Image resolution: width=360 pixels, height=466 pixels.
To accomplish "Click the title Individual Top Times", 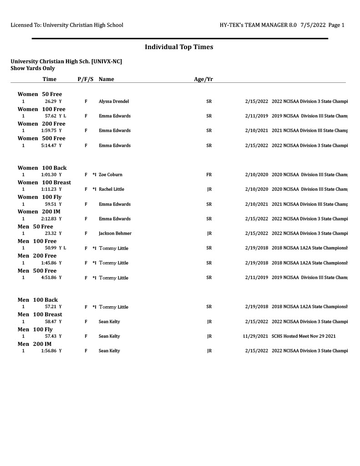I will (x=179, y=47).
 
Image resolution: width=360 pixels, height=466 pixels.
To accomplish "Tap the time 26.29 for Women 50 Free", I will (x=50, y=101).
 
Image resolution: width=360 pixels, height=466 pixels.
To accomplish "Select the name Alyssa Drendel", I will (x=114, y=101).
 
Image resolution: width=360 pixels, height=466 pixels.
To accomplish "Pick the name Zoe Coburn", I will (x=111, y=175).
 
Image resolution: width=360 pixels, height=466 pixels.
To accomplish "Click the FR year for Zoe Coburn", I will (x=209, y=175).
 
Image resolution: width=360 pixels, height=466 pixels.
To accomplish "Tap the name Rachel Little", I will (x=112, y=189).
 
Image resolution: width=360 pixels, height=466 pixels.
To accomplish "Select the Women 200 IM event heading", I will (x=39, y=212).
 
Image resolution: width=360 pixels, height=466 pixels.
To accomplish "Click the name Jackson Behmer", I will (x=115, y=233).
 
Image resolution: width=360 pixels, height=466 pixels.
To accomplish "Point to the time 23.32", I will (x=50, y=233).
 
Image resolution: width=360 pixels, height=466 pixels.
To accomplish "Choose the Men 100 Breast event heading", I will (x=40, y=314).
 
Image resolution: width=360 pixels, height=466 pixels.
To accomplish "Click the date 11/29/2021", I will (x=255, y=336).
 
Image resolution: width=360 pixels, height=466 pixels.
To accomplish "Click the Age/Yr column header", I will (x=203, y=79).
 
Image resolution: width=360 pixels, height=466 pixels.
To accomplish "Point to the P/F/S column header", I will (x=86, y=79).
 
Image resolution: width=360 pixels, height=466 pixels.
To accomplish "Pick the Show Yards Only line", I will (x=32, y=68).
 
